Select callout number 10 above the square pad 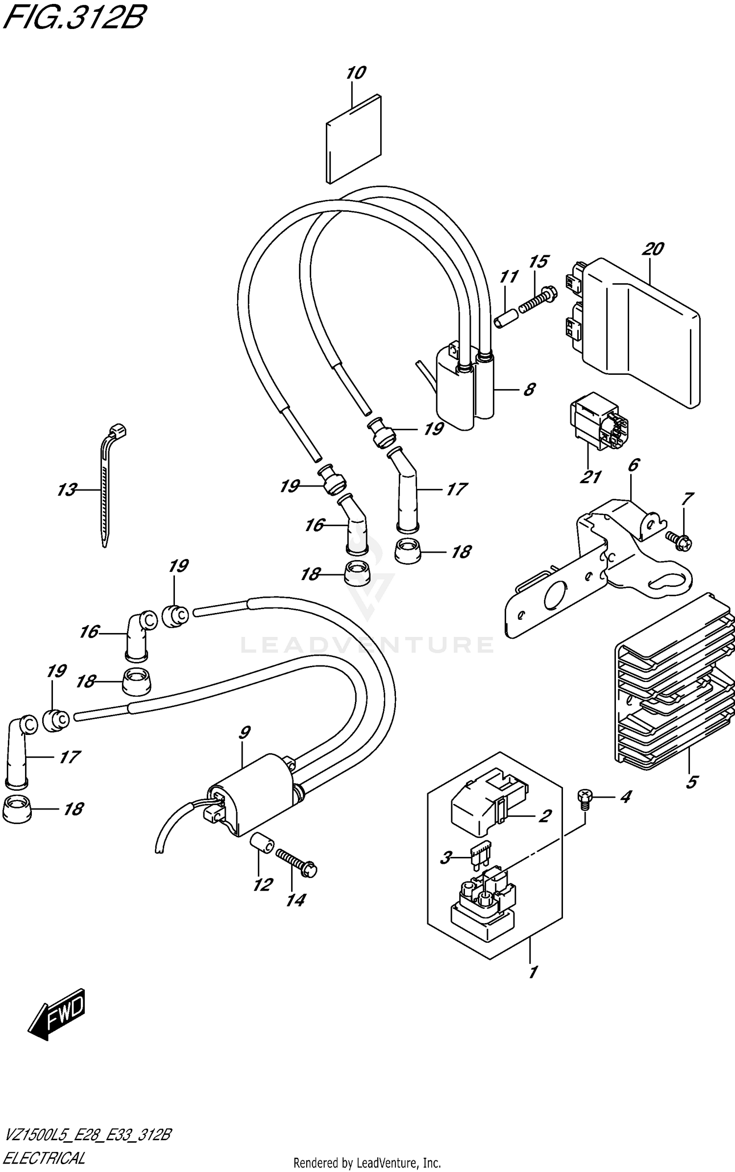click(x=356, y=73)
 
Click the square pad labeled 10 click(x=353, y=140)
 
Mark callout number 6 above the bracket click(x=633, y=464)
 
